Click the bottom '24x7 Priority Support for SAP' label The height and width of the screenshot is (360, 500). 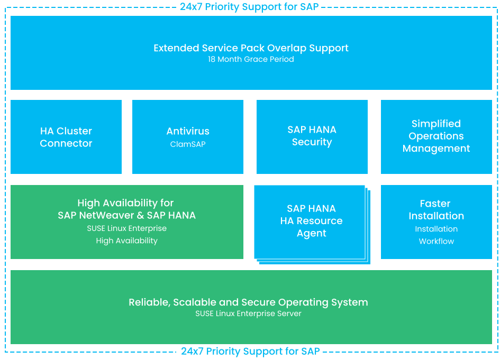250,351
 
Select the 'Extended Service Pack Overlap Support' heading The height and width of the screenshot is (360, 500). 251,48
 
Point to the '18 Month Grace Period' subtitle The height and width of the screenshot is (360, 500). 251,59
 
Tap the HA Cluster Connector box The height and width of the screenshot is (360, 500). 66,137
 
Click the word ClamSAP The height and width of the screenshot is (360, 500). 188,144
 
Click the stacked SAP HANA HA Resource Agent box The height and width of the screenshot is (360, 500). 311,221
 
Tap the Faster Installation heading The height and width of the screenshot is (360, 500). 436,210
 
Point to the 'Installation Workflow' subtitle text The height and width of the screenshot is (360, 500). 436,235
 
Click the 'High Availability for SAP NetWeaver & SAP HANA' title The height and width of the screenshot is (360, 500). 126,209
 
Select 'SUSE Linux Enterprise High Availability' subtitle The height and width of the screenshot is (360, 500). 126,235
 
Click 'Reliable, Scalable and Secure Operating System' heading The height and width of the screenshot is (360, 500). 248,302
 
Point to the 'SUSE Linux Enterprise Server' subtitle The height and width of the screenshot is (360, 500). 248,313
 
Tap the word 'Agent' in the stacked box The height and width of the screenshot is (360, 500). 311,234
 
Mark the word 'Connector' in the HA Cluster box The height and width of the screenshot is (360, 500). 66,144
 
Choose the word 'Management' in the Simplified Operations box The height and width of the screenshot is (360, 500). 436,149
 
